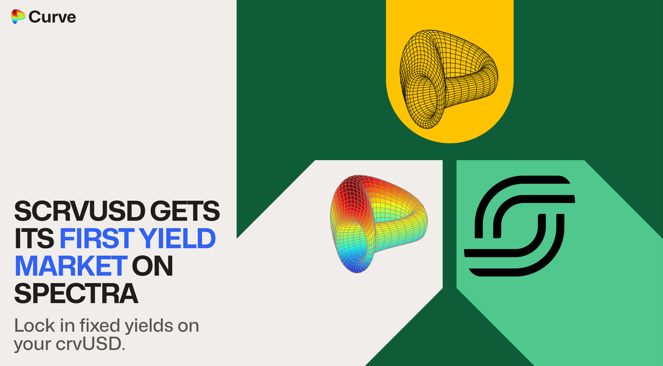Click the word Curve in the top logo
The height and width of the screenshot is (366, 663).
tap(52, 17)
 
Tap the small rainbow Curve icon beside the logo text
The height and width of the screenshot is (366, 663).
tap(18, 17)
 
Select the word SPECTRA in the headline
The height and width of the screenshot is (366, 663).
tap(76, 294)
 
